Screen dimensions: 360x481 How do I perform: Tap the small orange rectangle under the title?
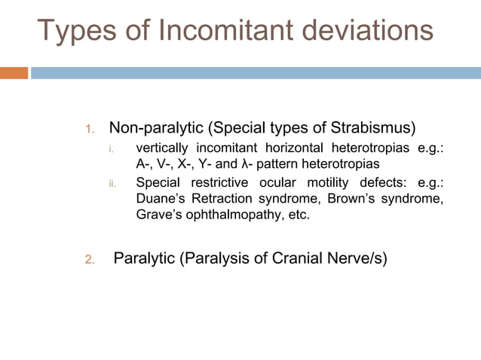tap(14, 73)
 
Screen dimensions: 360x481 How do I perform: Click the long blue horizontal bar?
tap(256, 73)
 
